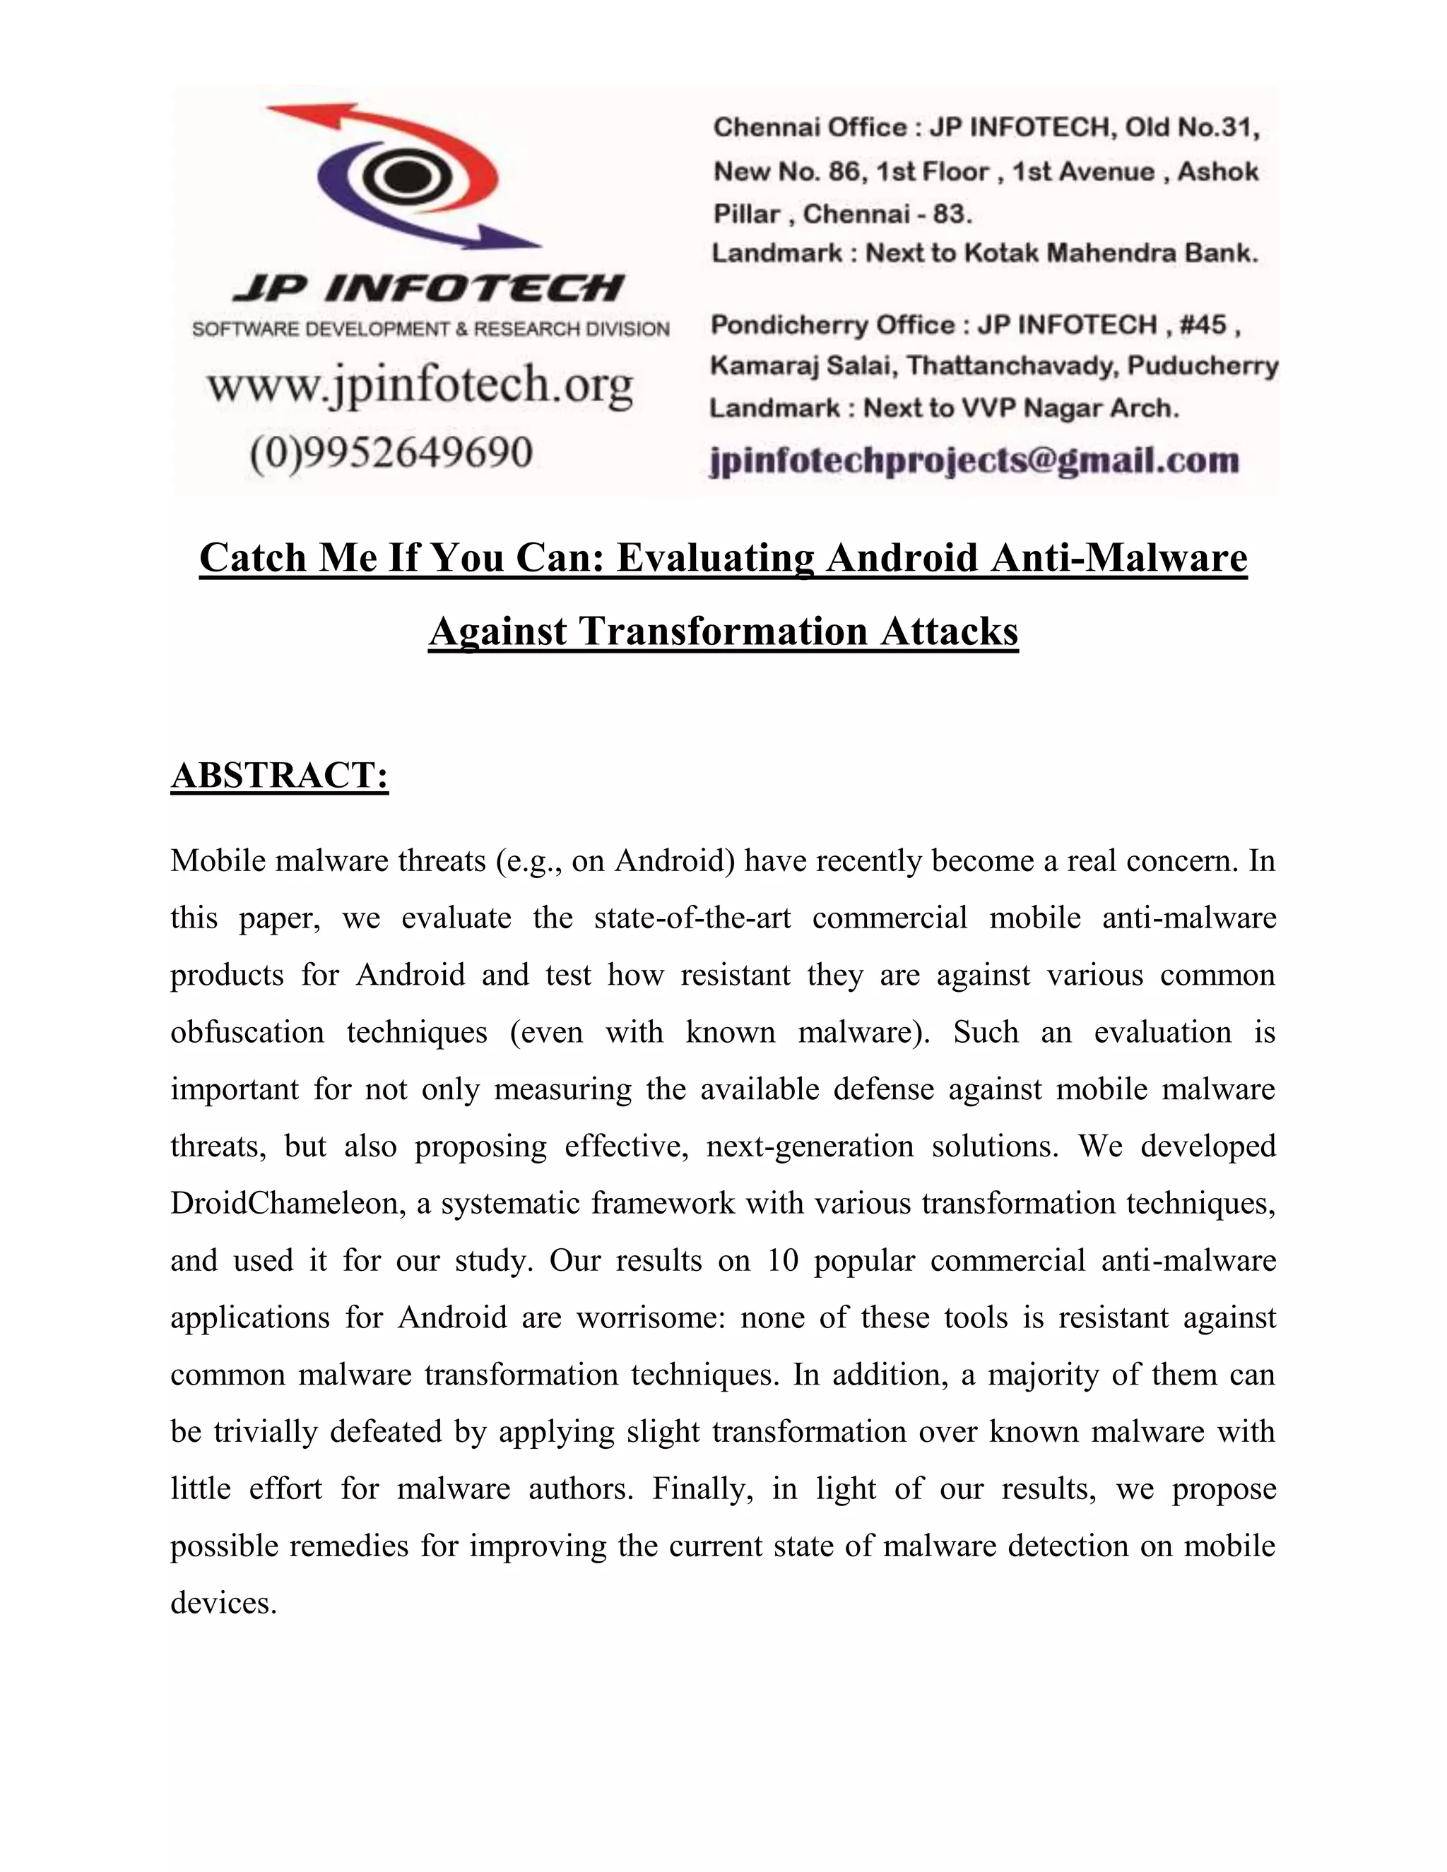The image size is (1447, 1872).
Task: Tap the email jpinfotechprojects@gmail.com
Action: point(974,461)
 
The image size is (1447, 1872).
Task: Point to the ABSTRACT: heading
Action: point(280,775)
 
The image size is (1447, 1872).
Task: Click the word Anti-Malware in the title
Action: point(1118,558)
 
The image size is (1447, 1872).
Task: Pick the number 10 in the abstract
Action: point(783,1261)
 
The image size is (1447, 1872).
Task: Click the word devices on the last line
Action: point(223,1603)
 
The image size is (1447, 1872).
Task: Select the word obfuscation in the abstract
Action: point(247,1032)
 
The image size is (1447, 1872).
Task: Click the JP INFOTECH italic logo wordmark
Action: point(429,289)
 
